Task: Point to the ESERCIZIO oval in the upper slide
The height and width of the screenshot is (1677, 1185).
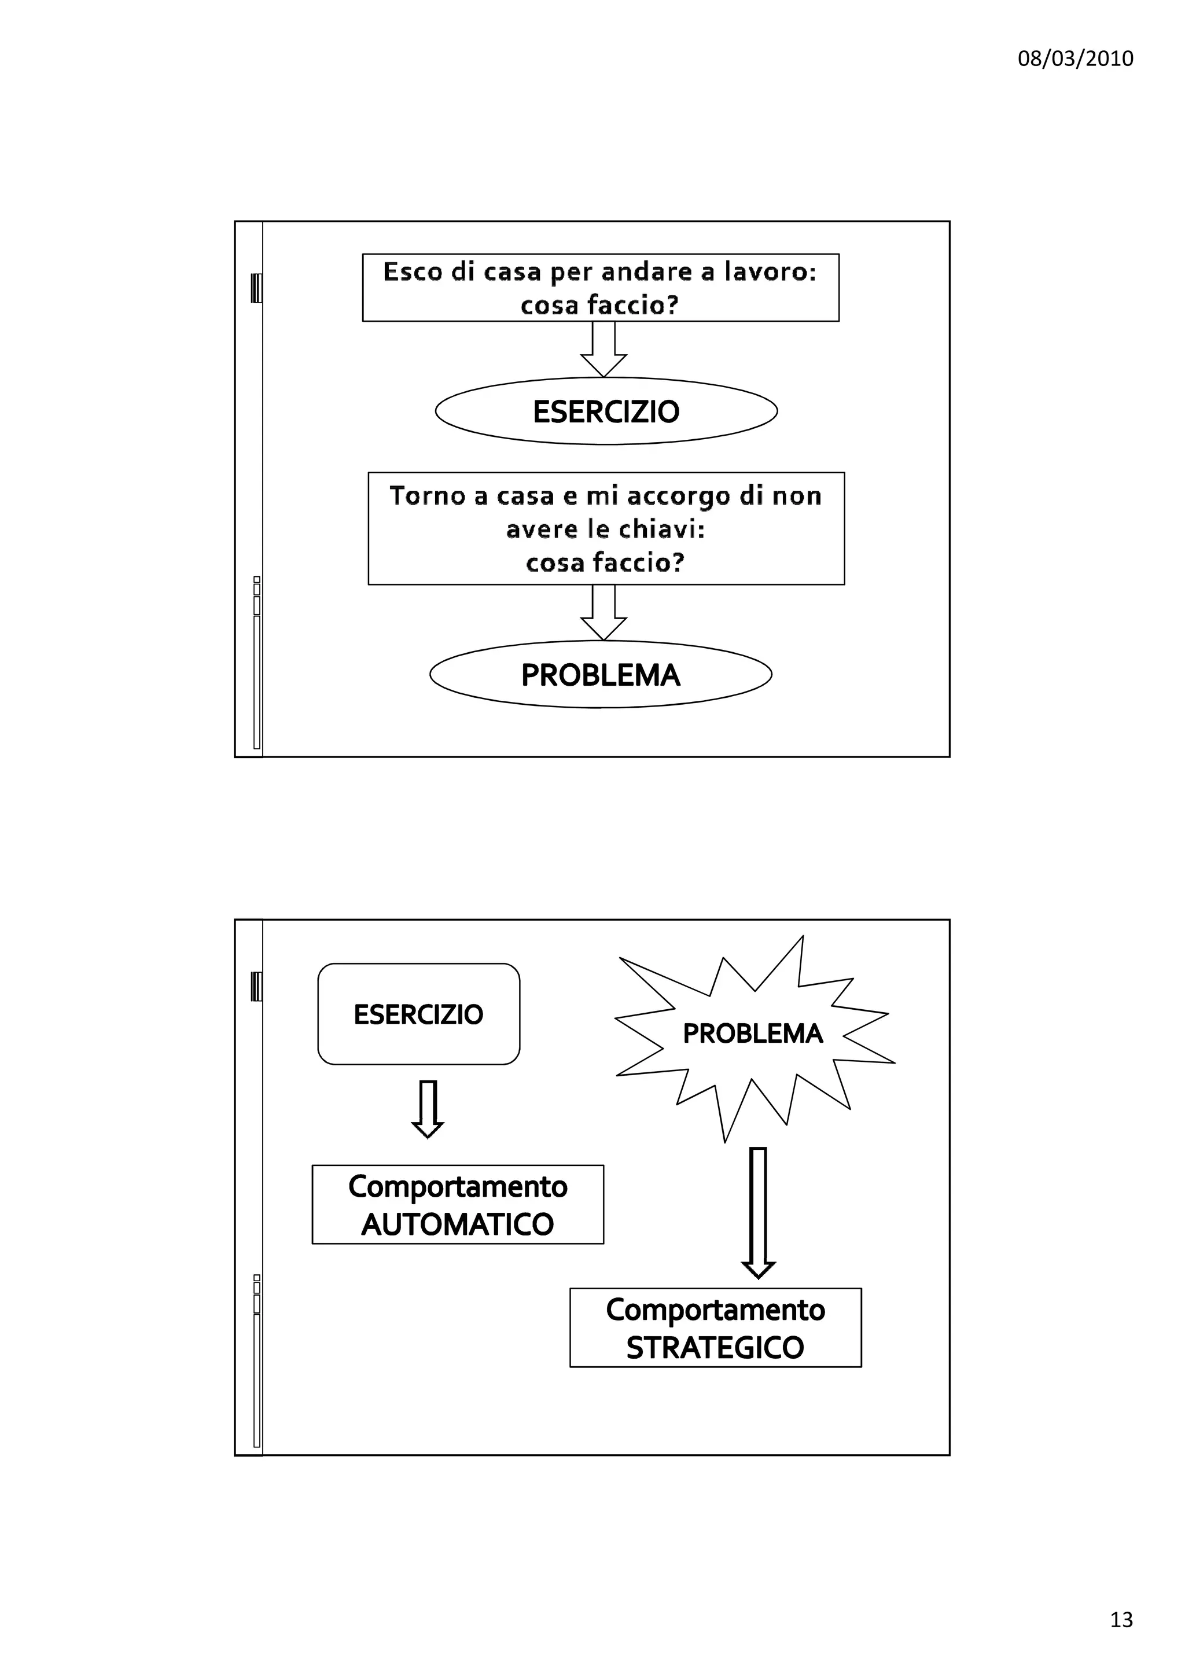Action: [x=606, y=411]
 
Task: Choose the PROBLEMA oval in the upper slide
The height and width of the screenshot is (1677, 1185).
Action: [x=600, y=675]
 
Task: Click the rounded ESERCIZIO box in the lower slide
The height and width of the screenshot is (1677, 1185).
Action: [x=418, y=1014]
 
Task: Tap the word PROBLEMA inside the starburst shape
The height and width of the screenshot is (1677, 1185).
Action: [x=752, y=1034]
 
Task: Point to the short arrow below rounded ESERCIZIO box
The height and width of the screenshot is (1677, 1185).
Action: [x=428, y=1109]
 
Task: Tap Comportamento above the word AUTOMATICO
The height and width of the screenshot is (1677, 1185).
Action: [x=458, y=1187]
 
